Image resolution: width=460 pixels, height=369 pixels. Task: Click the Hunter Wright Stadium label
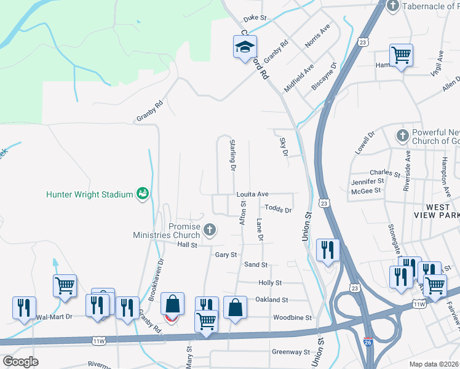[89, 194]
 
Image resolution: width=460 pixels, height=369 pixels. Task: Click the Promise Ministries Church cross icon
[210, 231]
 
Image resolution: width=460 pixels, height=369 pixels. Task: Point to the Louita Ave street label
[253, 194]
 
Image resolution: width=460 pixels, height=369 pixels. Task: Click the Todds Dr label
[279, 210]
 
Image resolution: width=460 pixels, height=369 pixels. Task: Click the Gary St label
[226, 254]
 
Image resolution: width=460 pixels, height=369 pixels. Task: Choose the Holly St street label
[270, 283]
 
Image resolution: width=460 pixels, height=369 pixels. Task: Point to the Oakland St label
[272, 300]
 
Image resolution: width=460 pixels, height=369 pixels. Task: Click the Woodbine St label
[292, 317]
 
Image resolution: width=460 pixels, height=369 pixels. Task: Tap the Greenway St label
[291, 352]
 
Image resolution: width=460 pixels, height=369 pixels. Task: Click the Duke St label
[254, 18]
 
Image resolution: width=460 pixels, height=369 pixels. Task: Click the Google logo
[20, 362]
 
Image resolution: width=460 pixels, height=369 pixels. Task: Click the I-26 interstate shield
[367, 356]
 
